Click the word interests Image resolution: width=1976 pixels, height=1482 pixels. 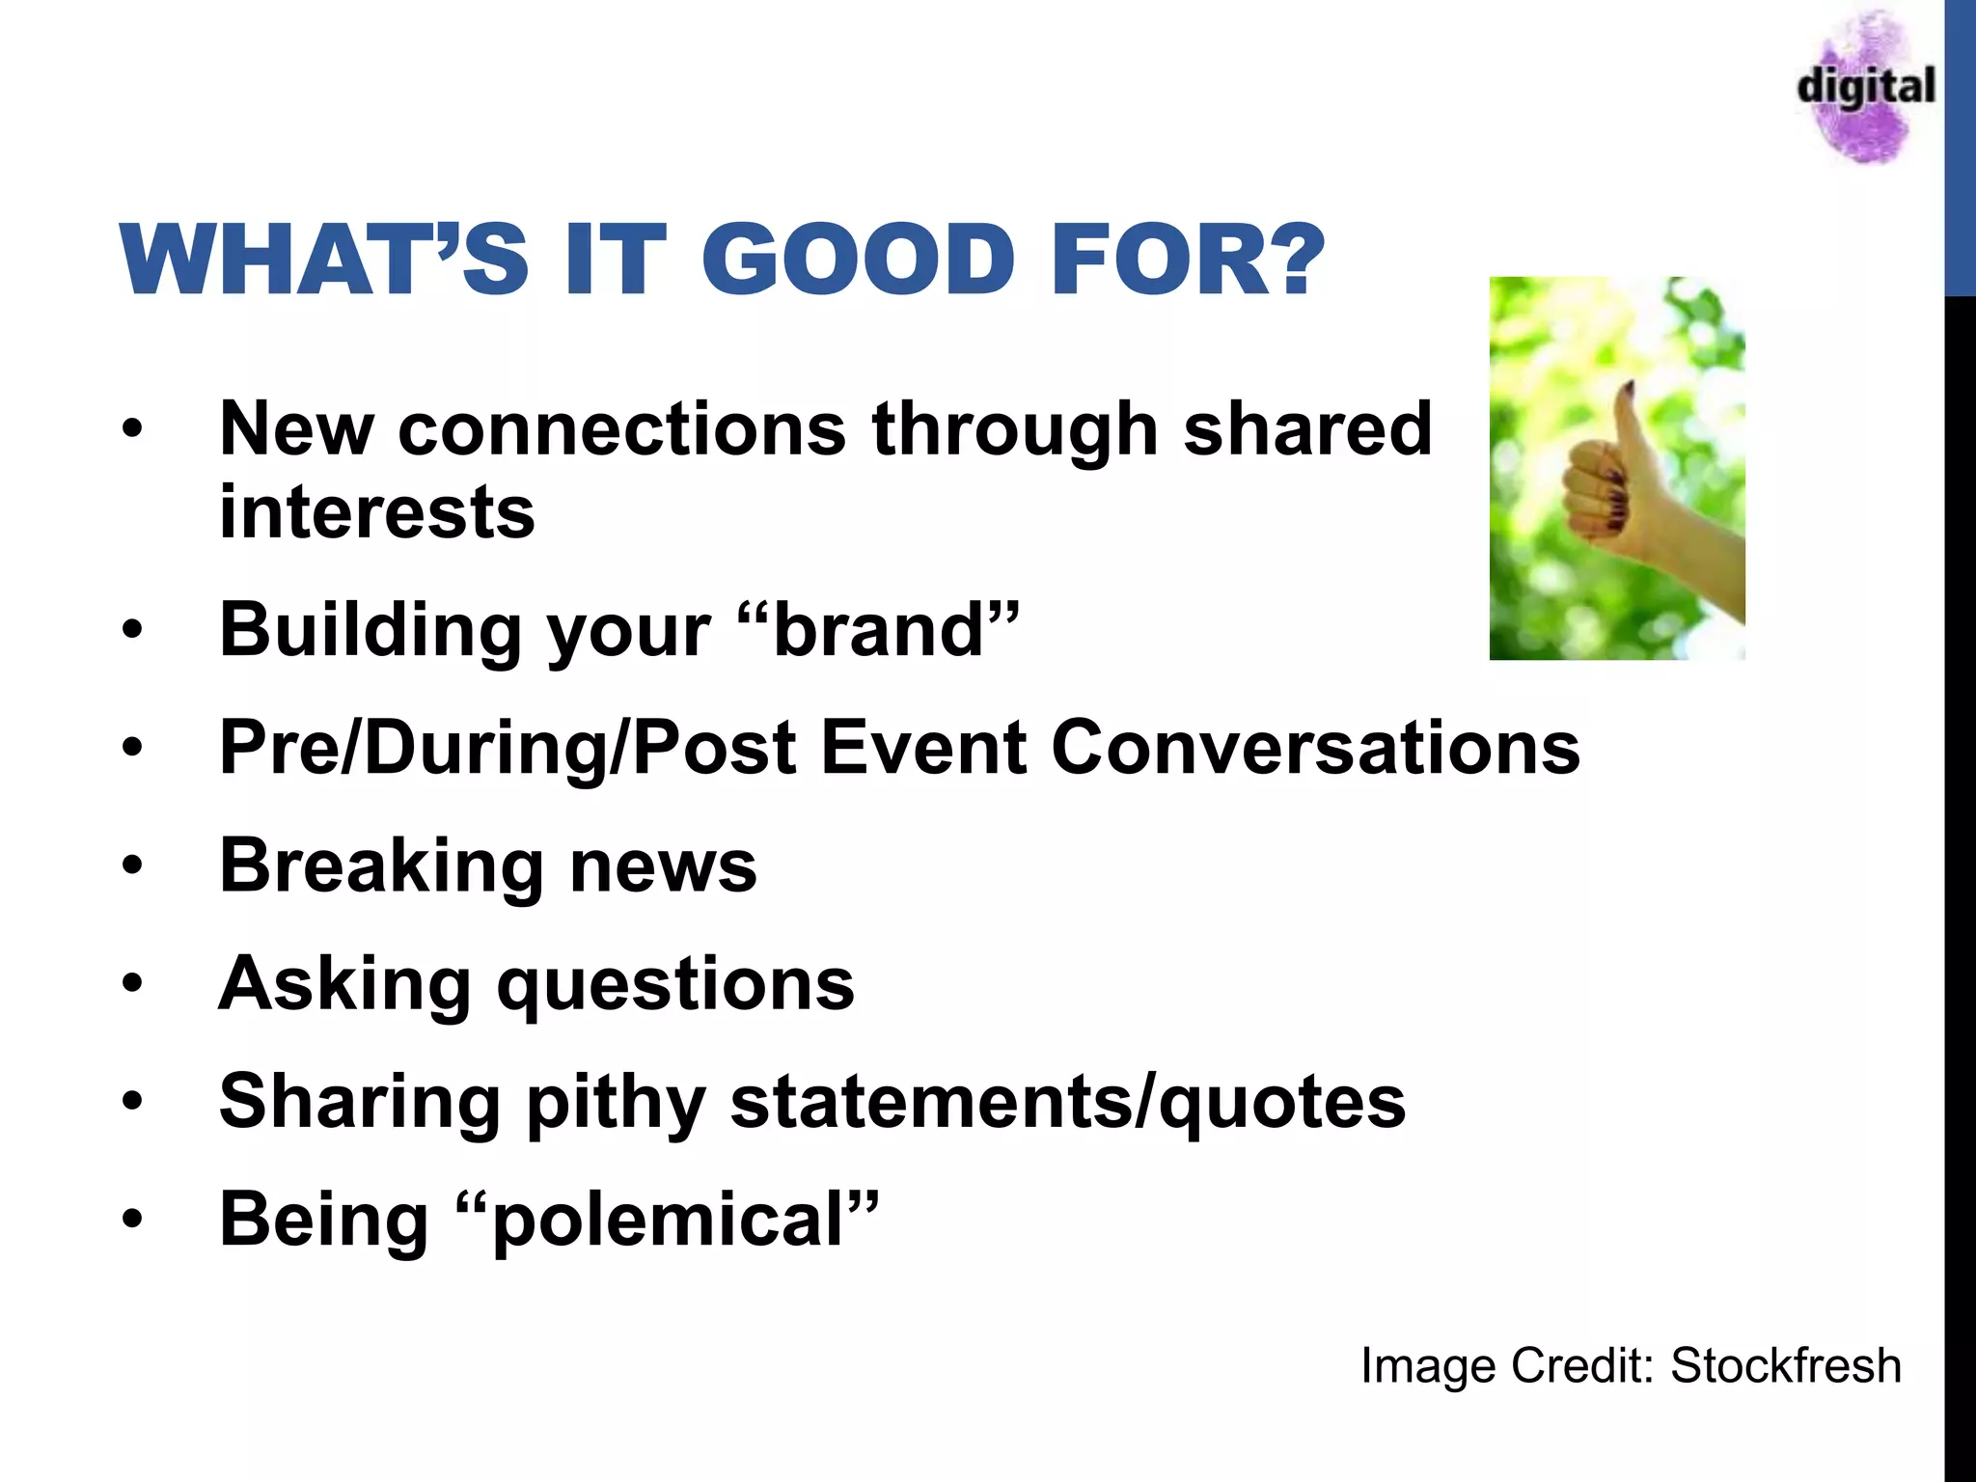(376, 512)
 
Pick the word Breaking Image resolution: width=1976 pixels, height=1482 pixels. (382, 865)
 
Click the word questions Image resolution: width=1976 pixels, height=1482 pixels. (675, 984)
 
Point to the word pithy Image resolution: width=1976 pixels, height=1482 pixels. (616, 1102)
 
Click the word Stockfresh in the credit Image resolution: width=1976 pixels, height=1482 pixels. (1785, 1366)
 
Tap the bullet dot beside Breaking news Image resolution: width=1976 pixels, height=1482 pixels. (132, 865)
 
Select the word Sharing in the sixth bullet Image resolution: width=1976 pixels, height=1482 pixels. (359, 1102)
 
